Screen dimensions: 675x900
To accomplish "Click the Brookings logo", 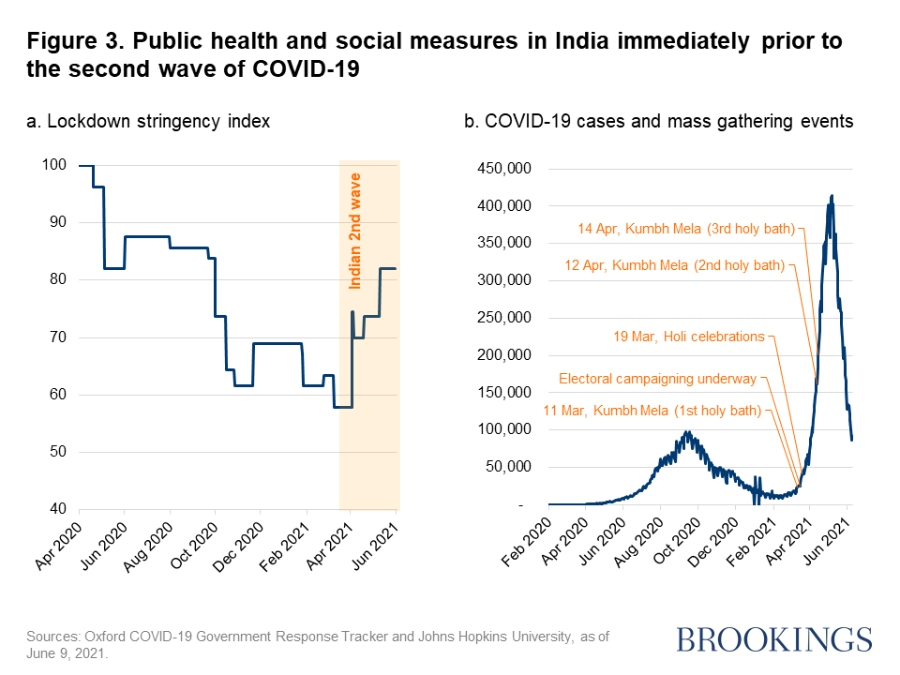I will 773,639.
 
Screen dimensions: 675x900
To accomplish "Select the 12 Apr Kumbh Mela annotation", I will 674,265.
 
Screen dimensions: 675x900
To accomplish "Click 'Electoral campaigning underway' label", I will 656,379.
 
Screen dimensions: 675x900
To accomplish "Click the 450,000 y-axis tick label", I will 505,169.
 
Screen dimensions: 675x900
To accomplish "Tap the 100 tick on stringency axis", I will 54,165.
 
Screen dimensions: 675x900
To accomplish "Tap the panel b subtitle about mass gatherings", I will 658,121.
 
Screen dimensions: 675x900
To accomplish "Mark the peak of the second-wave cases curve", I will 832,196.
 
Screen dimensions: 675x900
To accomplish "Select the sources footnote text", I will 318,644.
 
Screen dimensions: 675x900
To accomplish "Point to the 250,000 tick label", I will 505,319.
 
